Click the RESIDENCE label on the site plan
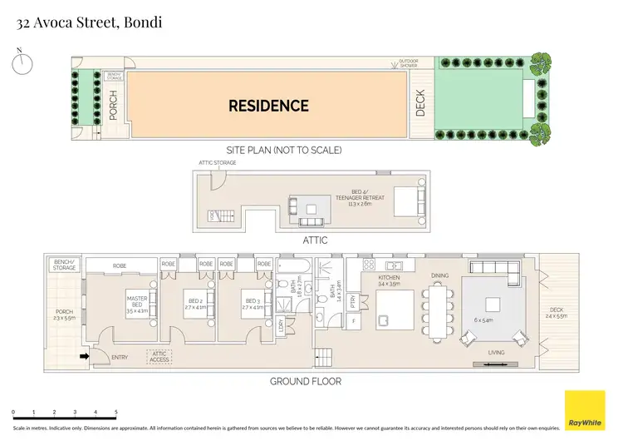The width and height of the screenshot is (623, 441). tap(268, 106)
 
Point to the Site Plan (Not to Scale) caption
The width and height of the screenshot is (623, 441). tap(284, 151)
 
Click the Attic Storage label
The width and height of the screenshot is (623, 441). tap(218, 162)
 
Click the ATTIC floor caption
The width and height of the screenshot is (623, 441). tap(315, 240)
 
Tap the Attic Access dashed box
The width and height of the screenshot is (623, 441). tap(159, 356)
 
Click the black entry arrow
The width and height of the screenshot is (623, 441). tap(83, 356)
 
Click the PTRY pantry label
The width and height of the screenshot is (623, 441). tap(353, 300)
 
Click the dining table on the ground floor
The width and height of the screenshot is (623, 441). tap(438, 314)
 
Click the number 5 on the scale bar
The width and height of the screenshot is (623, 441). tap(115, 413)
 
